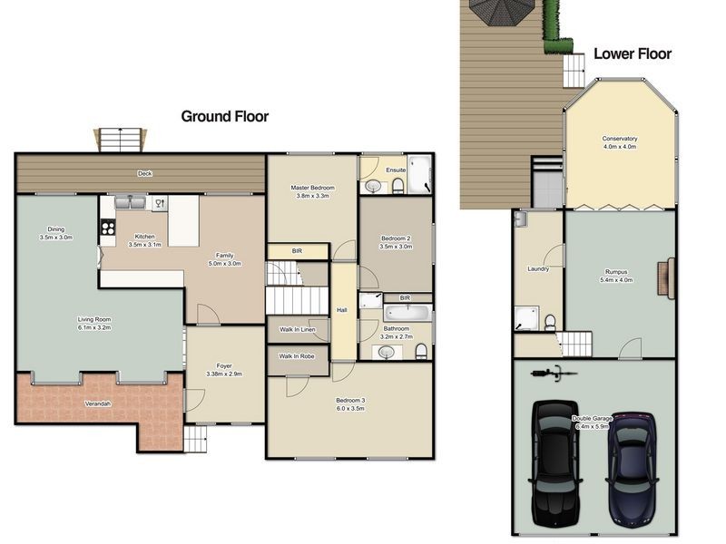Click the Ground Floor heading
(x=224, y=116)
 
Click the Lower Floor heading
(x=633, y=53)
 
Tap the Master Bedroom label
(x=312, y=188)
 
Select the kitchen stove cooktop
(x=108, y=228)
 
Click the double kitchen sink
(x=130, y=202)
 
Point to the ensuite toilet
(x=397, y=186)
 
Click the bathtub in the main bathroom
(x=407, y=313)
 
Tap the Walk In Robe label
(x=297, y=356)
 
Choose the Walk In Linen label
(x=298, y=330)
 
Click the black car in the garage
(x=554, y=463)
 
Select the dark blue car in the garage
(x=632, y=469)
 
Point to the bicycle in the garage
(x=554, y=373)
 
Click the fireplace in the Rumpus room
(x=666, y=278)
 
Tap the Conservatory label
(x=620, y=139)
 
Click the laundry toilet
(x=550, y=322)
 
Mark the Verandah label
(x=98, y=403)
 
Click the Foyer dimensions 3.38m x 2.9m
(x=224, y=374)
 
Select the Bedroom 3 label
(x=350, y=400)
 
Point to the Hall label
(x=342, y=310)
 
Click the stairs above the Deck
(x=121, y=140)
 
